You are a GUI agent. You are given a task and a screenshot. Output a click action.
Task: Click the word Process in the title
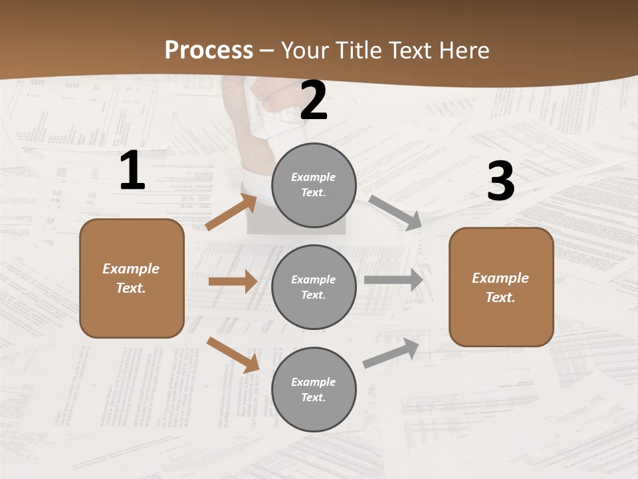pyautogui.click(x=209, y=50)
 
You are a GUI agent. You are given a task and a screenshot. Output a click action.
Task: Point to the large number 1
pyautogui.click(x=132, y=171)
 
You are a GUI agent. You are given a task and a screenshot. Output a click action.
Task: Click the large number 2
pyautogui.click(x=314, y=100)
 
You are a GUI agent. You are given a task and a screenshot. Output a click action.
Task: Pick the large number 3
pyautogui.click(x=500, y=182)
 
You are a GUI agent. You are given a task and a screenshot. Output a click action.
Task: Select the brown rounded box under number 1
pyautogui.click(x=132, y=278)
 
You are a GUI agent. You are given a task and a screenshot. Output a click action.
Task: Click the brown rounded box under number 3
pyautogui.click(x=501, y=287)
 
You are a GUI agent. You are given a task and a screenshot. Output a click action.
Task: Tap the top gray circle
pyautogui.click(x=314, y=185)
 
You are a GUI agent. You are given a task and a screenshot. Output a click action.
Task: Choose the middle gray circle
pyautogui.click(x=314, y=287)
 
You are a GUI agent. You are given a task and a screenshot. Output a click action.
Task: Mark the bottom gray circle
pyautogui.click(x=314, y=389)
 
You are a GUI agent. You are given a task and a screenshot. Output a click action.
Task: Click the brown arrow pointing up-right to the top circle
pyautogui.click(x=231, y=212)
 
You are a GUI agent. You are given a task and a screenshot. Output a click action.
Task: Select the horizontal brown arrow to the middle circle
pyautogui.click(x=233, y=281)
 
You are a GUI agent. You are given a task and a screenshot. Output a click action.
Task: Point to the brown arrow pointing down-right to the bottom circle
pyautogui.click(x=233, y=355)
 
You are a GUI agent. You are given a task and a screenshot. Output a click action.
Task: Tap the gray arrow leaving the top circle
pyautogui.click(x=395, y=212)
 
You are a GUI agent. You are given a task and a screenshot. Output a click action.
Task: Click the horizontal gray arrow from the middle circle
pyautogui.click(x=393, y=280)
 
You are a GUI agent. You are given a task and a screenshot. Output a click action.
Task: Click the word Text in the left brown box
pyautogui.click(x=130, y=288)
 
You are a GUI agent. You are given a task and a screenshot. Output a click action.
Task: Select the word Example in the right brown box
pyautogui.click(x=500, y=278)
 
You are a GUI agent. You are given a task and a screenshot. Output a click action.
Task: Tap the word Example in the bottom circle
pyautogui.click(x=314, y=382)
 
